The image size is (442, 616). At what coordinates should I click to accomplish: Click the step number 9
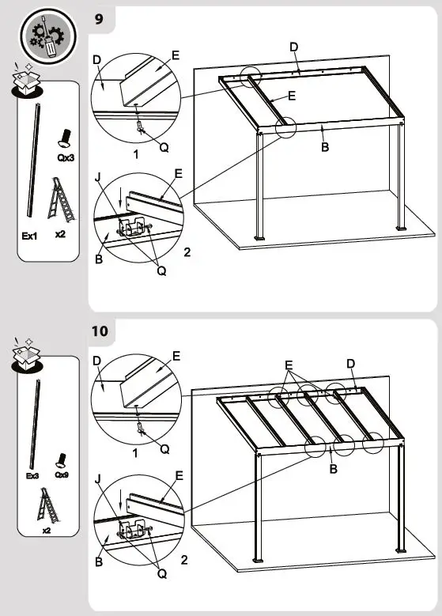click(x=99, y=19)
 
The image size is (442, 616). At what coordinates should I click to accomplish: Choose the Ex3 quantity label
click(x=32, y=476)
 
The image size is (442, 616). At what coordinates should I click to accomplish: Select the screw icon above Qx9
click(x=60, y=459)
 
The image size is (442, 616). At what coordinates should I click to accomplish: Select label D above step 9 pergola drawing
click(x=293, y=47)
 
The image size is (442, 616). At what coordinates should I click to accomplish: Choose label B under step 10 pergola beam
click(x=333, y=469)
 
